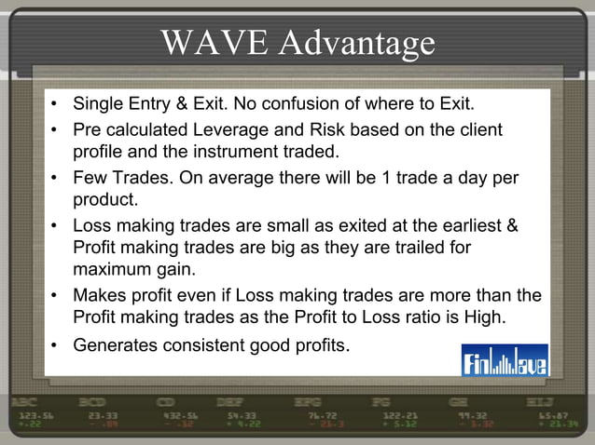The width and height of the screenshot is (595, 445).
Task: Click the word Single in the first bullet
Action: pos(99,102)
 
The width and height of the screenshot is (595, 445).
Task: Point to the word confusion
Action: pos(299,102)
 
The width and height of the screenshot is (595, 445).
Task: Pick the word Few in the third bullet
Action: pos(90,177)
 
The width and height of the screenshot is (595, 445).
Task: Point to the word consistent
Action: pos(203,346)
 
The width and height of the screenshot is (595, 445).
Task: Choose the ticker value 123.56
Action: pos(36,415)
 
